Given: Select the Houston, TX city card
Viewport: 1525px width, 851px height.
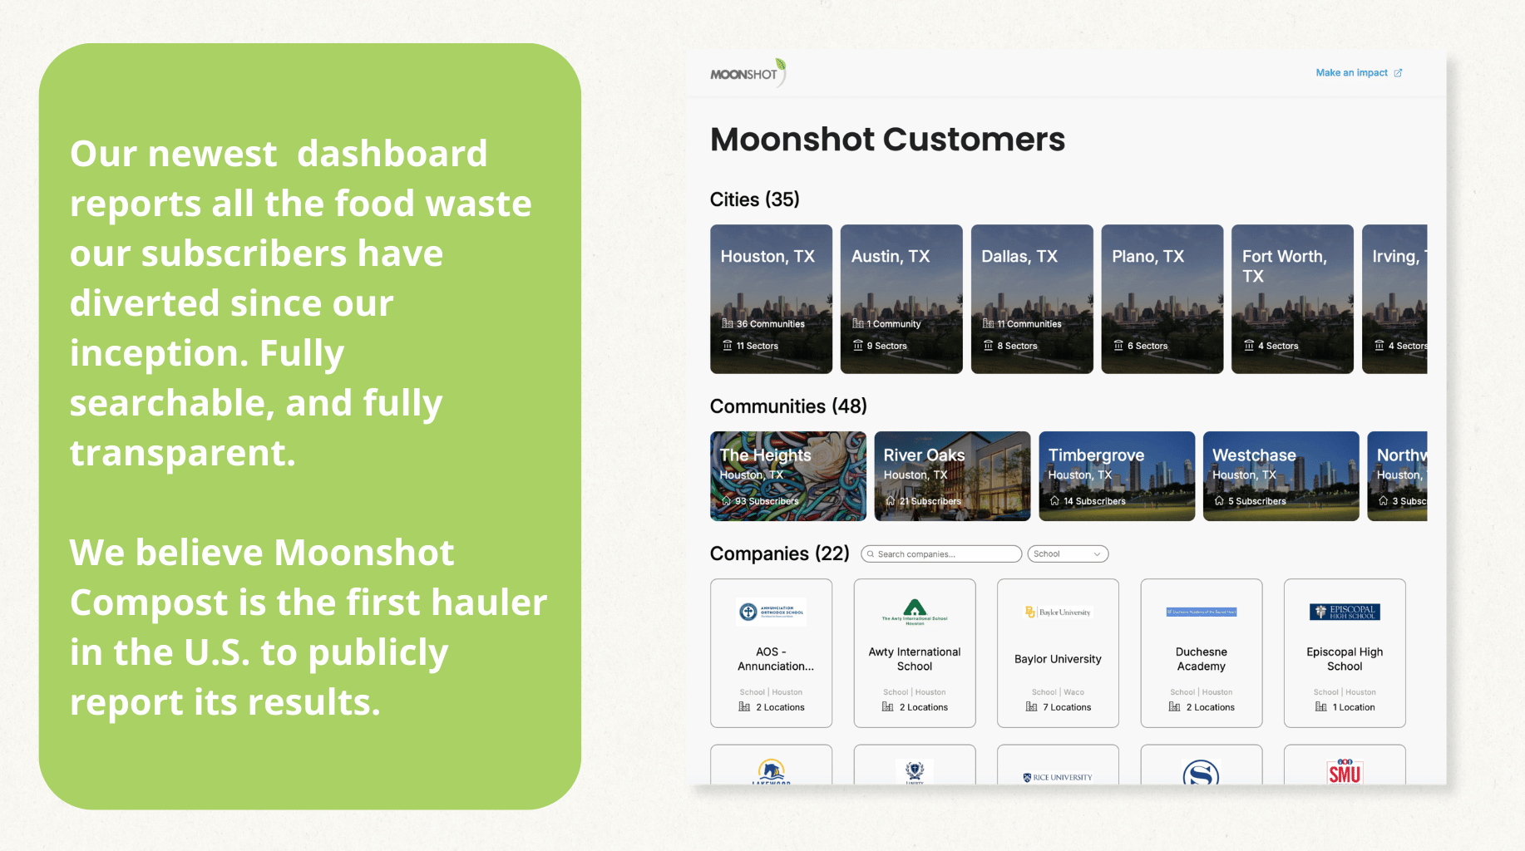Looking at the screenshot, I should [x=771, y=299].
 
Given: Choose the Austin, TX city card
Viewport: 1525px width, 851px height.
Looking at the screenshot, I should [x=901, y=299].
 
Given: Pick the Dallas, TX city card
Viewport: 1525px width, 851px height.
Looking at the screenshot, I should [x=1032, y=299].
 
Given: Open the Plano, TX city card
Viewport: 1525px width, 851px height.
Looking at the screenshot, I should [x=1162, y=299].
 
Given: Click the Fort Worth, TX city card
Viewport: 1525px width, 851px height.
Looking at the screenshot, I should [x=1292, y=299].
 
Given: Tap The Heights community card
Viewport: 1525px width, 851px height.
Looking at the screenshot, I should [x=787, y=476].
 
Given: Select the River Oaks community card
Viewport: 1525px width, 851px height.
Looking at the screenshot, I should [x=952, y=476].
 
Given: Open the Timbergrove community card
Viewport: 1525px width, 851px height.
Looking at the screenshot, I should [x=1116, y=476].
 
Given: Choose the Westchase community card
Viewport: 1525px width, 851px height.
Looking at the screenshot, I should [x=1281, y=476].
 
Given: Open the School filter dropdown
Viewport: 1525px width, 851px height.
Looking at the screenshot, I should [x=1068, y=554].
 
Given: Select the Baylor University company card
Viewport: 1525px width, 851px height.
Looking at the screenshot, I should [x=1058, y=653].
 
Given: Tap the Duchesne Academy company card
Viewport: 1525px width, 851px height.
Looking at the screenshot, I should [x=1201, y=653].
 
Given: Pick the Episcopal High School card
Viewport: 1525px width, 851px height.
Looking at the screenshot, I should [x=1345, y=653].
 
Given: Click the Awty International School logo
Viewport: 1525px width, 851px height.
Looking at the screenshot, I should [x=915, y=611].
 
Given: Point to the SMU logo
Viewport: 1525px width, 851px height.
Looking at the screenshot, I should [x=1345, y=772].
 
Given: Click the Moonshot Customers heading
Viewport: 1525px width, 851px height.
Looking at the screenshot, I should [x=887, y=140].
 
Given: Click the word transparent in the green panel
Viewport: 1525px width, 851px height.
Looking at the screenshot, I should [x=182, y=454].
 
